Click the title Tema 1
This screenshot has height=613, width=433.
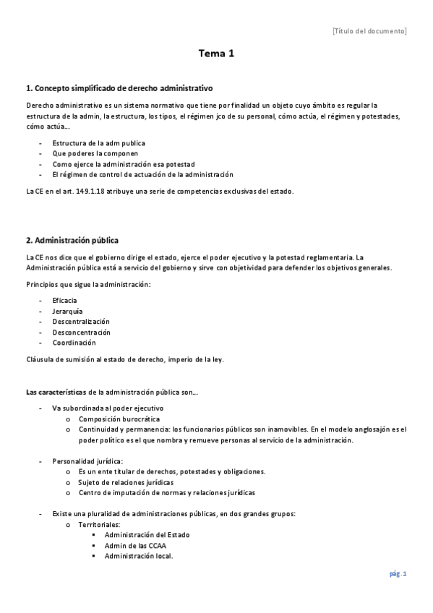pos(217,53)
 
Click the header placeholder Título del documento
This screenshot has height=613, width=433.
pos(369,31)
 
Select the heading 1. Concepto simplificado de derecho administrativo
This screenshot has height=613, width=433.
pos(119,88)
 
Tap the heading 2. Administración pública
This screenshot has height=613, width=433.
pos(72,239)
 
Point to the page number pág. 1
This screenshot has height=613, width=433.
pos(398,574)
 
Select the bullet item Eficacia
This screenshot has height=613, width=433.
pos(65,300)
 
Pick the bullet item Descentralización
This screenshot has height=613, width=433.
pos(81,322)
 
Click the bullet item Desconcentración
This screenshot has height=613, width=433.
pos(82,333)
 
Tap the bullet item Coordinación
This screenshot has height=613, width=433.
pos(74,343)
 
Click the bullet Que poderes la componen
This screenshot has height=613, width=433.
pos(95,153)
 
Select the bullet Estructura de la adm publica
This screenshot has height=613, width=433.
pos(98,143)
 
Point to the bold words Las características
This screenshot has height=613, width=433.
pos(56,392)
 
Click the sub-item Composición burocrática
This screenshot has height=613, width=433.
pos(119,419)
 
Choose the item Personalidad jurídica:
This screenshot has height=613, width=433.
pos(87,461)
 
